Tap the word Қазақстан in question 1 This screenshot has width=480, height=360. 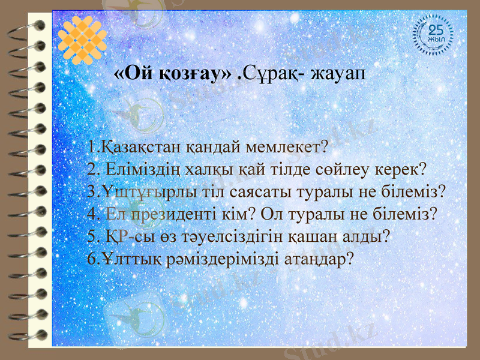pos(139,146)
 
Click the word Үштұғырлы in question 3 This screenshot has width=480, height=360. pos(139,191)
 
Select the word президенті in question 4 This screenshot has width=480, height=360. pos(182,214)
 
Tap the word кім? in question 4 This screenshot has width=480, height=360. pos(260,214)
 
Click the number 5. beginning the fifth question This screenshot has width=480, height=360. pos(94,236)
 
